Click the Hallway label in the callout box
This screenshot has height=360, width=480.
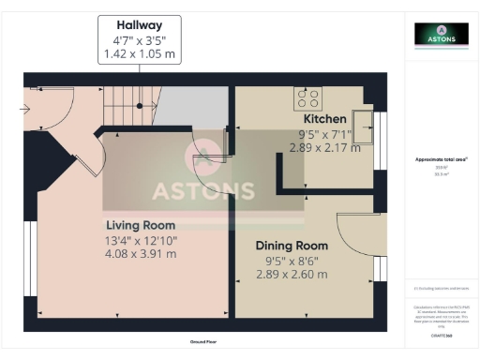[x=139, y=23]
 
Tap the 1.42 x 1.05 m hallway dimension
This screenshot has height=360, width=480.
[x=139, y=54]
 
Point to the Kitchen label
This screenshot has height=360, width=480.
[x=324, y=120]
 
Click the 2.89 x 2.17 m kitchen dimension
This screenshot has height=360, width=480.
[x=324, y=148]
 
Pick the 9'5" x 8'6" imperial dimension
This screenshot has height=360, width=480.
[x=292, y=260]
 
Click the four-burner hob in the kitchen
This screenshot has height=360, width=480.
[x=307, y=97]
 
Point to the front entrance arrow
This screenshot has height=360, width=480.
[x=23, y=108]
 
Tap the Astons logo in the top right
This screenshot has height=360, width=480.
[x=442, y=34]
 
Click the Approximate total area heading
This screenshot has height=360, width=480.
[x=442, y=159]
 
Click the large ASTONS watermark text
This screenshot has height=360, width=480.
[x=203, y=191]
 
